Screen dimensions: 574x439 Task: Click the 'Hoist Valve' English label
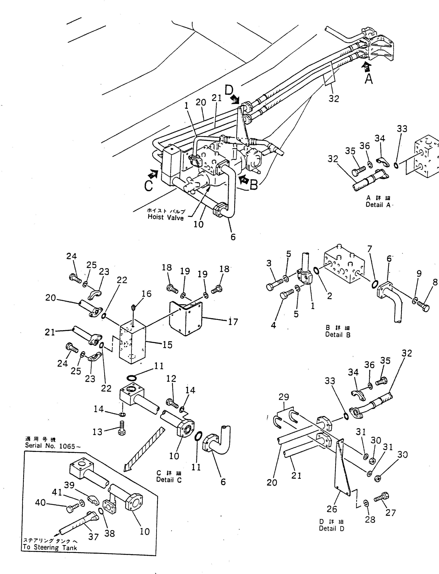[x=166, y=217]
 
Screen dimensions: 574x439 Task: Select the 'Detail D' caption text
[x=332, y=529]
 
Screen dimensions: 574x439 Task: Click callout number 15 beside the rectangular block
[x=167, y=345]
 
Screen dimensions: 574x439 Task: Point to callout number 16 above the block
[x=147, y=294]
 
